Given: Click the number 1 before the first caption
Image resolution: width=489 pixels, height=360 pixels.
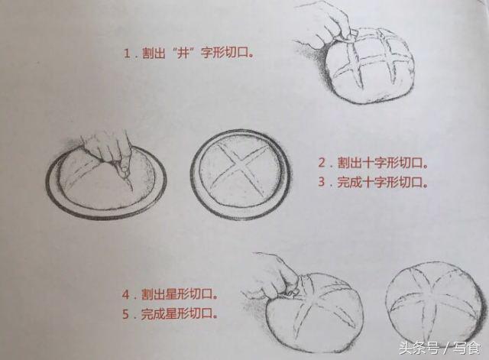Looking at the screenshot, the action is (x=127, y=53).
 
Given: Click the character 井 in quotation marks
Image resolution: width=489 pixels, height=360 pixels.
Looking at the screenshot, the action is (x=183, y=53).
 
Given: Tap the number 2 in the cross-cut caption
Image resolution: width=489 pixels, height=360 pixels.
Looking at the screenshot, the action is (x=322, y=163).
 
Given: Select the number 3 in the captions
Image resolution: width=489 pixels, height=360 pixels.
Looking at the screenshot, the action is (x=322, y=182).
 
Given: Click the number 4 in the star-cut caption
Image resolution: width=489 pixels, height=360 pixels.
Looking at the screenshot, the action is (x=126, y=294).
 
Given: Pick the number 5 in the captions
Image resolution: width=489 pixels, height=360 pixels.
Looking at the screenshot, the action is (x=126, y=313).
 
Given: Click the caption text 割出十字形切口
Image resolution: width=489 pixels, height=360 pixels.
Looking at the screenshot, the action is (x=383, y=163).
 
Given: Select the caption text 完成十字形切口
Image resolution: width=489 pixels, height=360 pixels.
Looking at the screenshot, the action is (x=383, y=182).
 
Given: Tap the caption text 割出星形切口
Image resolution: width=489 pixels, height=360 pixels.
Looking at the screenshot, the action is (x=180, y=294).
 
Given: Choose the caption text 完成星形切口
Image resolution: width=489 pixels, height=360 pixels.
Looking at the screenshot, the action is (x=180, y=313).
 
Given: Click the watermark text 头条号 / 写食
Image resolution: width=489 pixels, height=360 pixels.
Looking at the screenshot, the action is (x=440, y=348).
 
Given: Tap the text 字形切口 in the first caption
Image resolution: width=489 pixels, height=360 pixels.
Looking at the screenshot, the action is (x=227, y=53).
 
